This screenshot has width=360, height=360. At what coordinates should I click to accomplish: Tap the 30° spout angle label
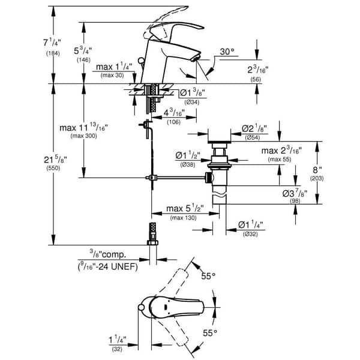227,53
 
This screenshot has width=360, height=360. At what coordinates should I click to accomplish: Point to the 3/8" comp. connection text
107,256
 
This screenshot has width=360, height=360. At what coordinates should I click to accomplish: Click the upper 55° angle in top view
208,277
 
